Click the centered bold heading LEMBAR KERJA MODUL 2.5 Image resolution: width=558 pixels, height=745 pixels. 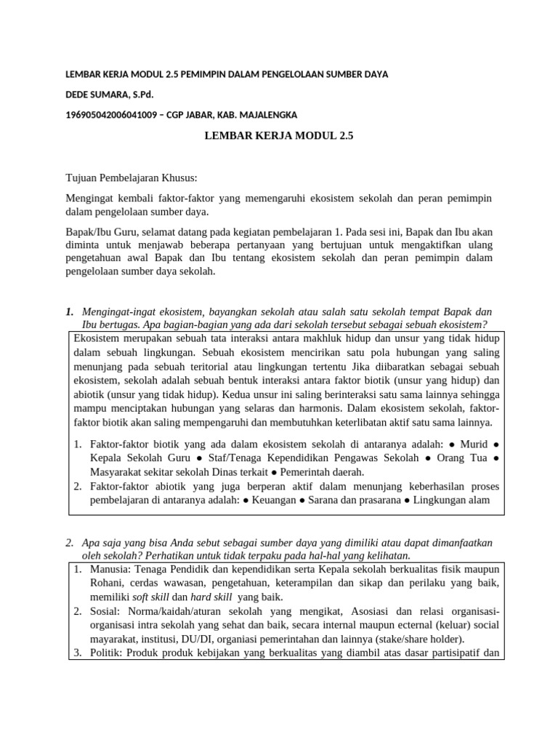[278, 135]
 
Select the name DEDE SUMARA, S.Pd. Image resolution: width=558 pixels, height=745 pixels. [110, 95]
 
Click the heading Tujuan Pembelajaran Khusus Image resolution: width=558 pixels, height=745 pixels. [132, 178]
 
